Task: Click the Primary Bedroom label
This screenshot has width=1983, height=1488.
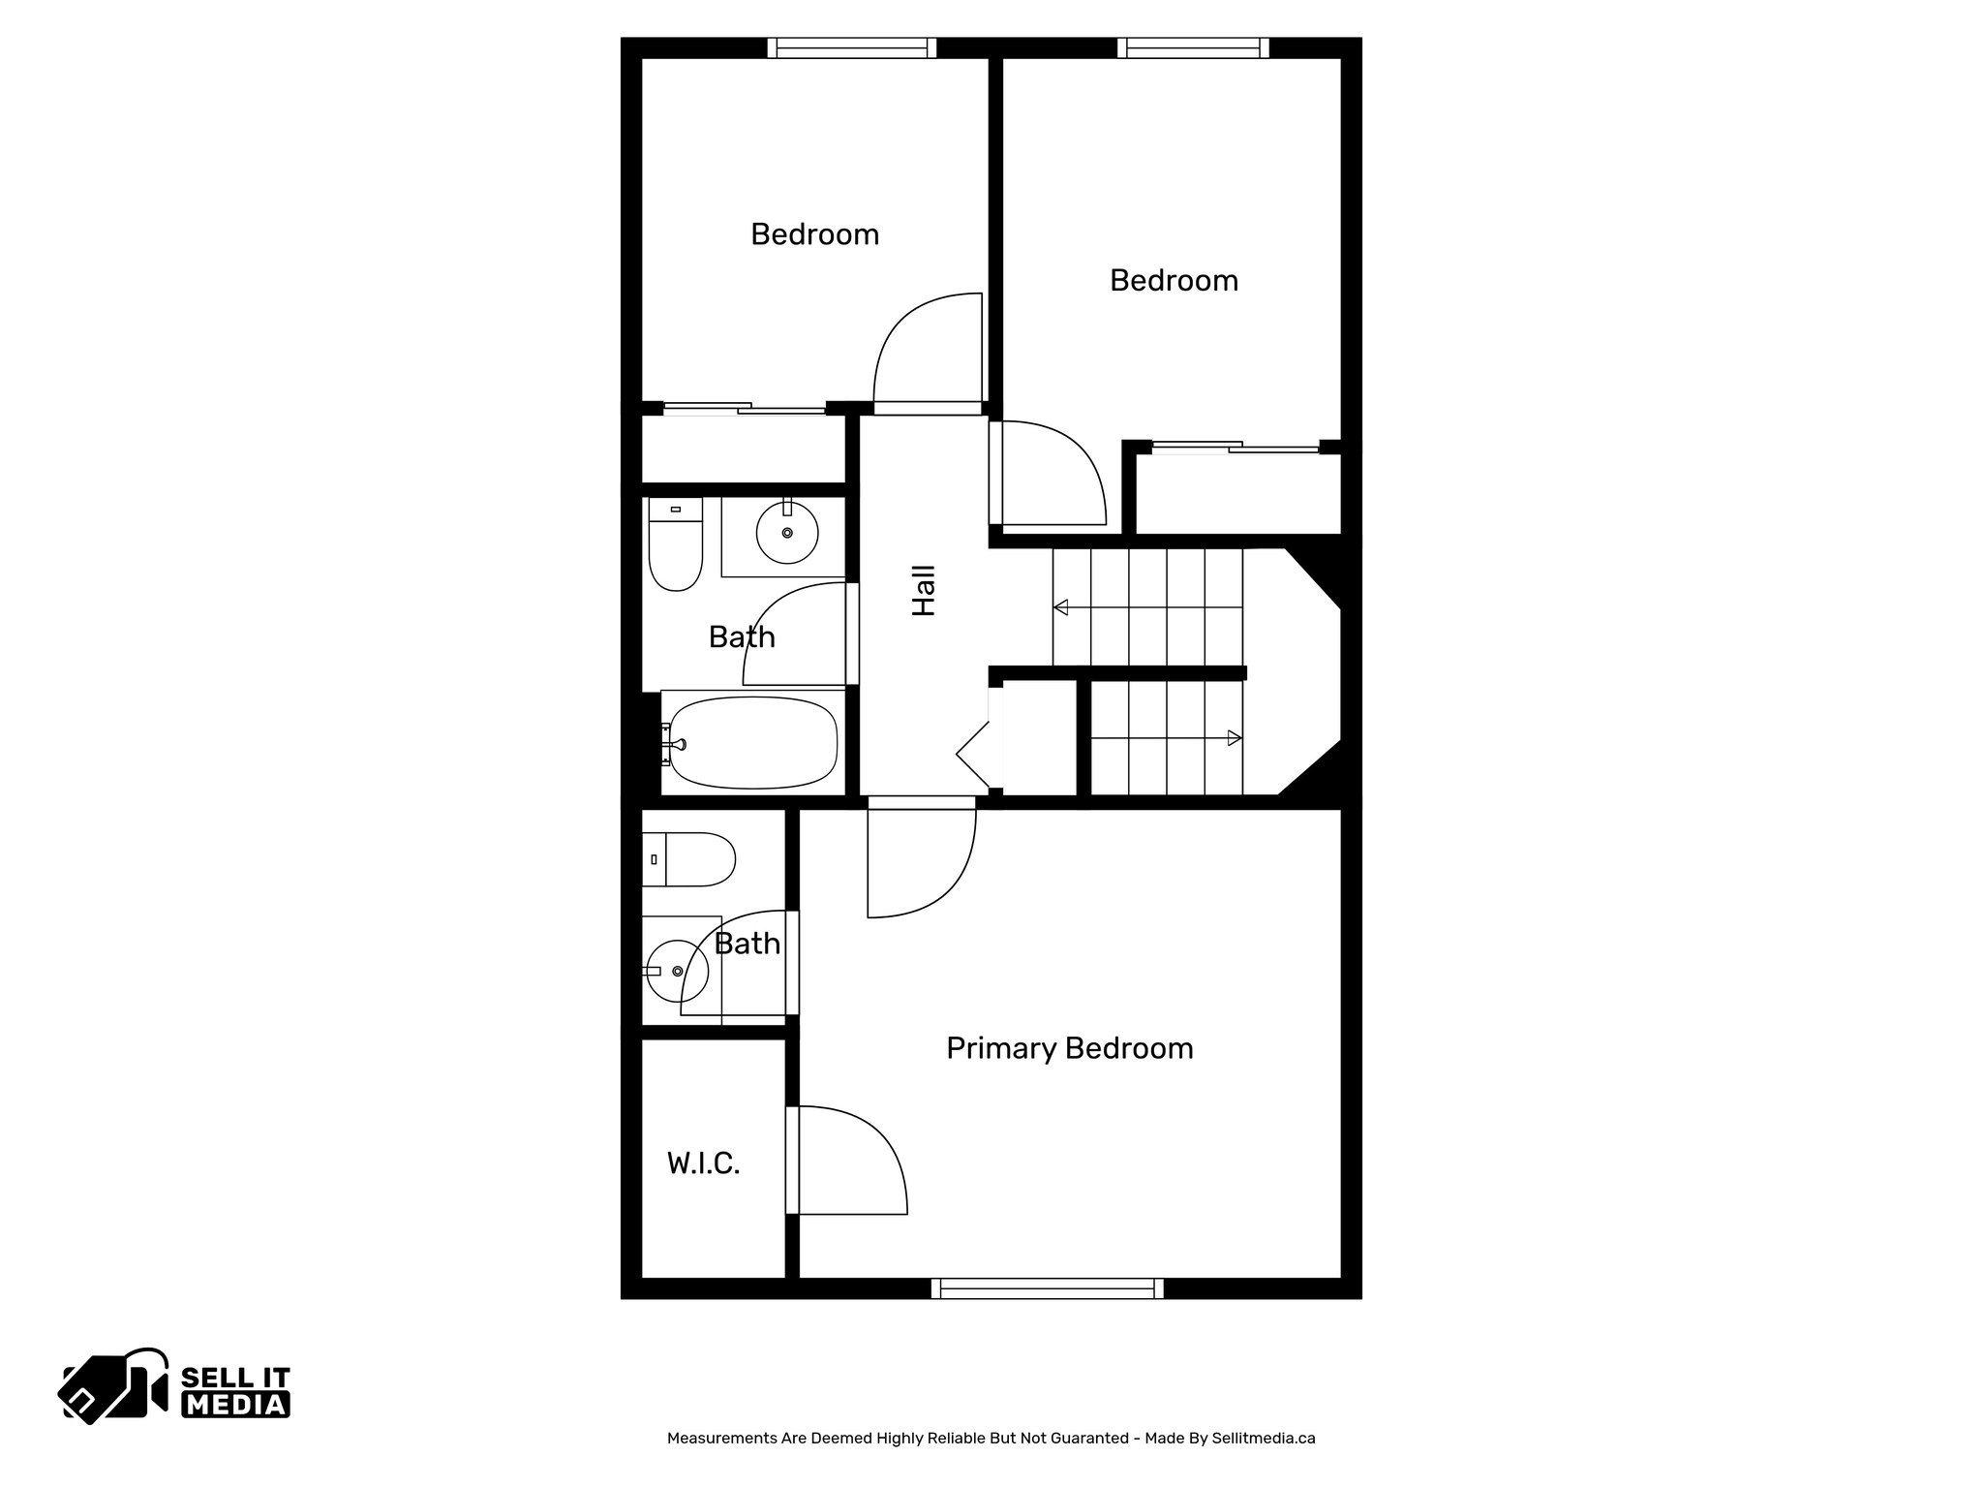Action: (x=1069, y=1048)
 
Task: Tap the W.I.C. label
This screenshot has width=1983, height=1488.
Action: (x=704, y=1162)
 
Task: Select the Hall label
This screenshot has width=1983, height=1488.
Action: (x=925, y=591)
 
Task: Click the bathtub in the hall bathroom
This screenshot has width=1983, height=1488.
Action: (x=753, y=742)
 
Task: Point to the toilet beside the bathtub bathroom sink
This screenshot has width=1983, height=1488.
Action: (x=675, y=544)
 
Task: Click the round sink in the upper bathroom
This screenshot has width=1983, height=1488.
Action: (x=786, y=533)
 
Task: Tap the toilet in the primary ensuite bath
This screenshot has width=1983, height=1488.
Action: (x=689, y=859)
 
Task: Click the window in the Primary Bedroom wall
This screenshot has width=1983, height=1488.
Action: (x=1048, y=1288)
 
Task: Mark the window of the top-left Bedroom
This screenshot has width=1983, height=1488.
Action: (x=852, y=47)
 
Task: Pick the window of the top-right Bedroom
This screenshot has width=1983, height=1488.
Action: (x=1193, y=47)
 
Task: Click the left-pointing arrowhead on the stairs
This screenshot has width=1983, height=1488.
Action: (x=1061, y=608)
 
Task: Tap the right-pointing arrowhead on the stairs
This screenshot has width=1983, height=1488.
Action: (x=1234, y=738)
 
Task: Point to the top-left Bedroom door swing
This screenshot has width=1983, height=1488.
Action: (x=928, y=349)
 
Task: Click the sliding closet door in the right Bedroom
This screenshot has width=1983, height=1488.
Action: (x=1236, y=447)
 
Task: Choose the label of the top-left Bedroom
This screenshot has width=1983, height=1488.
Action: (x=814, y=234)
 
